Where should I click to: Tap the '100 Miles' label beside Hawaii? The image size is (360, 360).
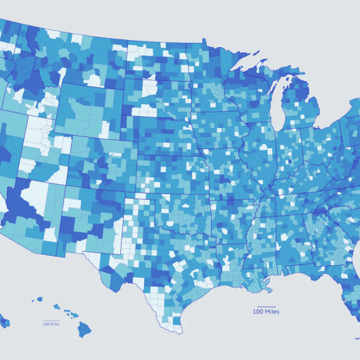(x=51, y=324)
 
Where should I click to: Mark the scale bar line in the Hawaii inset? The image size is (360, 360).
(x=51, y=321)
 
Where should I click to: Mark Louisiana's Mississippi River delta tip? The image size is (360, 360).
(x=268, y=288)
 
